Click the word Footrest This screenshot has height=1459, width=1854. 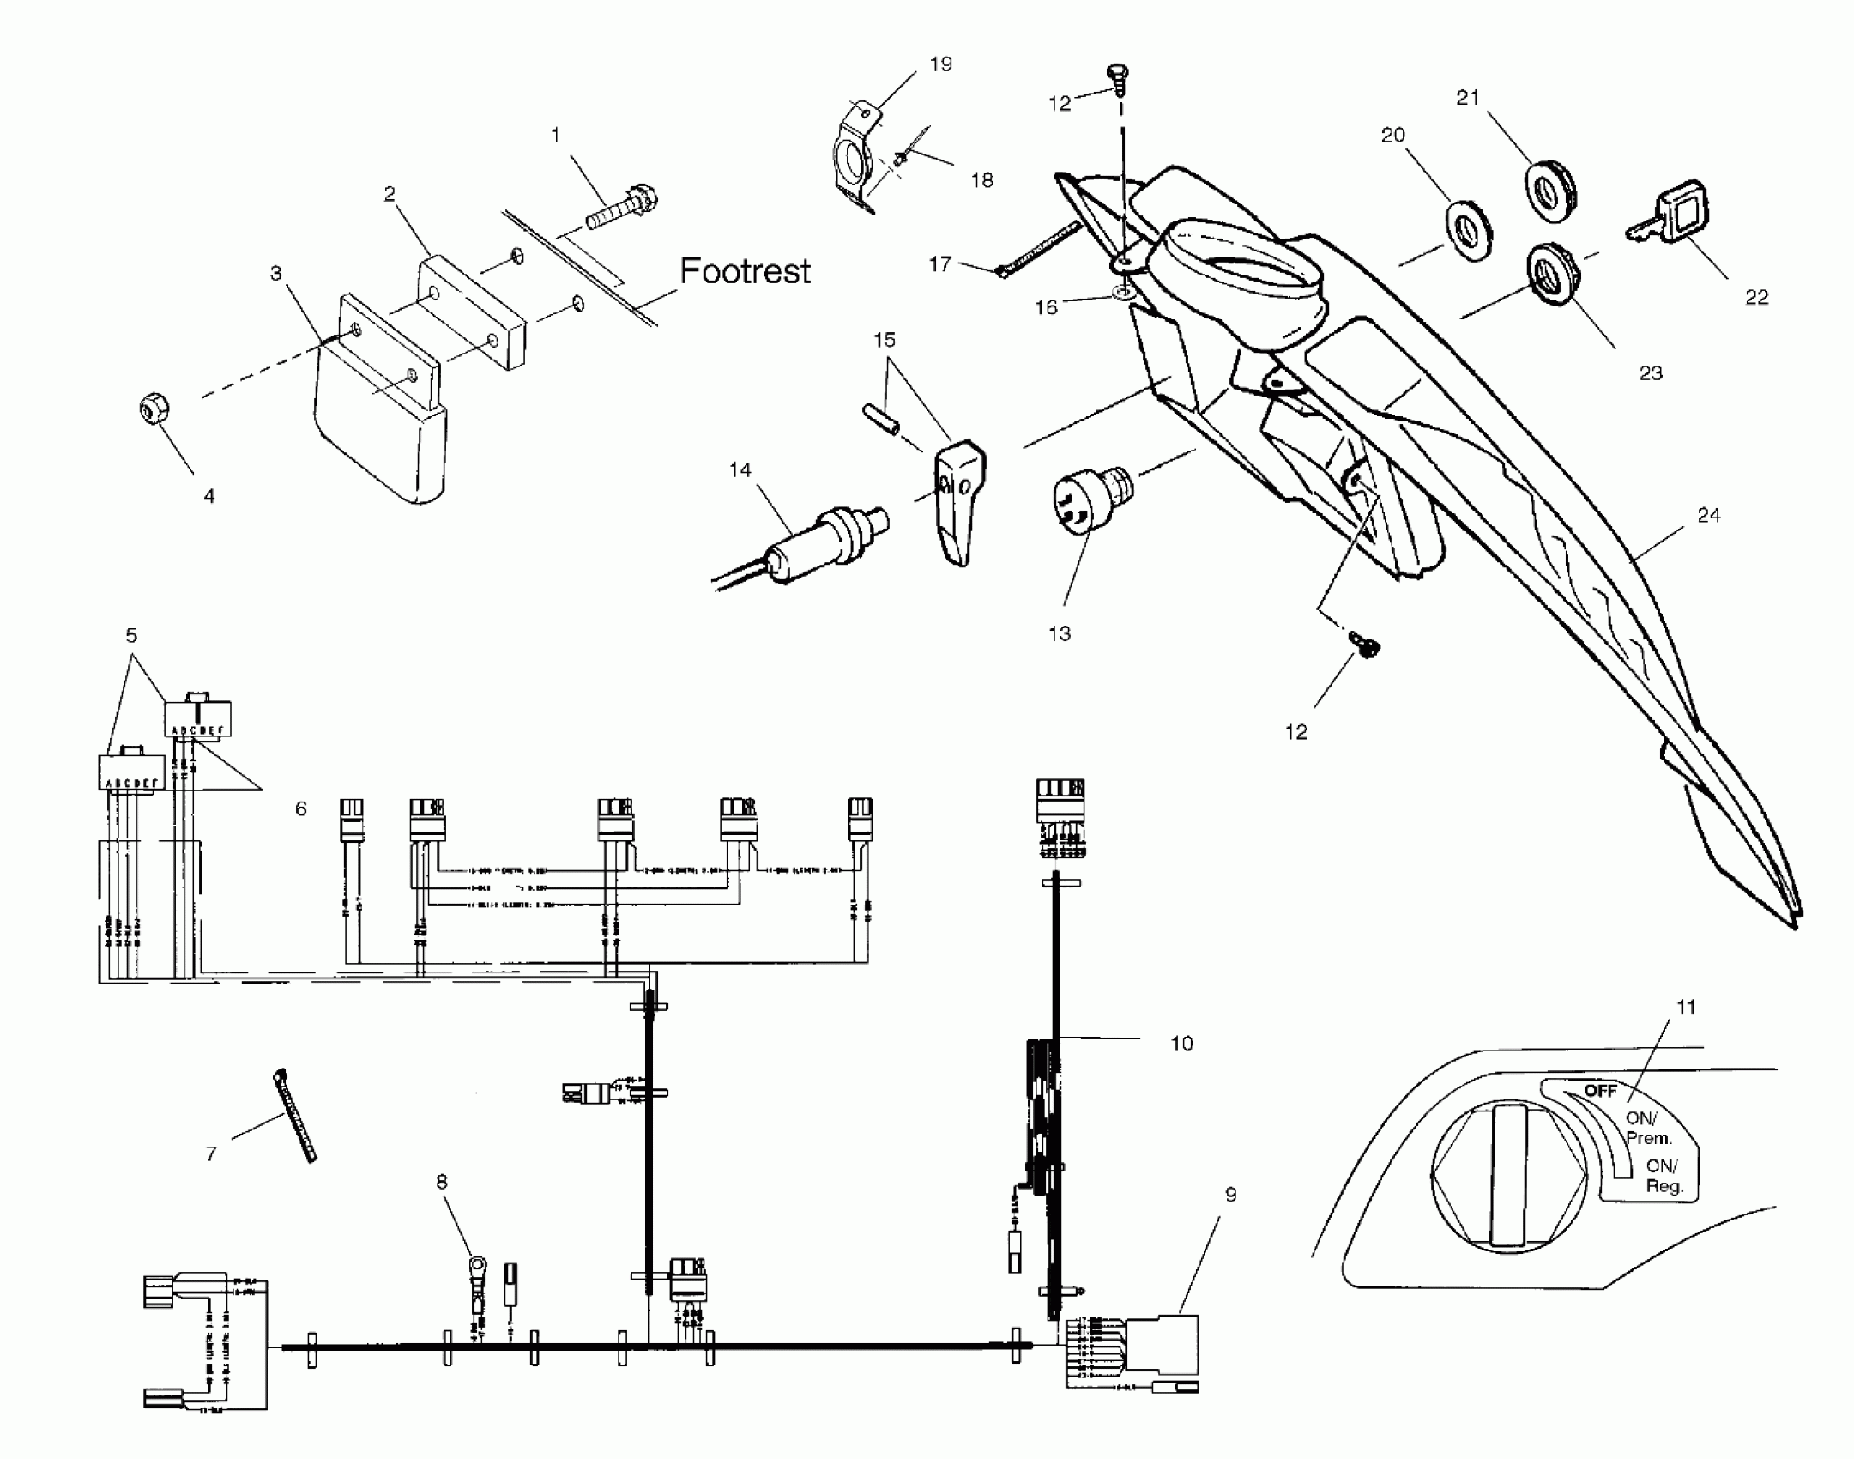(745, 271)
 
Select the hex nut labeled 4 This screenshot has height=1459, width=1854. (154, 409)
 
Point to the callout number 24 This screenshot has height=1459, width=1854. (1708, 515)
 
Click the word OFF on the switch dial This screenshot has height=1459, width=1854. (1600, 1091)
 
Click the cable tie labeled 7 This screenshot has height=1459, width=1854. (294, 1115)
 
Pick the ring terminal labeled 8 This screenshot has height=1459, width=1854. (477, 1268)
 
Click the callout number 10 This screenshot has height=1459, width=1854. (1181, 1044)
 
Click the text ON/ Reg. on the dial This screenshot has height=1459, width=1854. (1664, 1177)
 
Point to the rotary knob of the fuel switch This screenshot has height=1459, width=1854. (1508, 1175)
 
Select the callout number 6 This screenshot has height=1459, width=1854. (300, 808)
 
